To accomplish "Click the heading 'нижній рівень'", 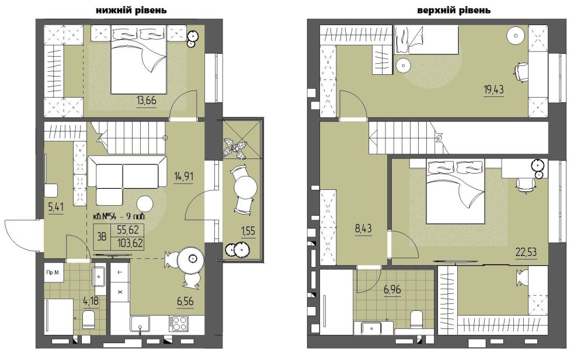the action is coord(131,10).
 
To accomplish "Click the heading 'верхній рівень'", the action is coord(454,10).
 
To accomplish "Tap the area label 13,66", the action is coord(147,101).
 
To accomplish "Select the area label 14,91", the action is coord(183,176).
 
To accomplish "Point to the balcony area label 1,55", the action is coord(248,231).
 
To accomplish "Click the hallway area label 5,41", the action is coord(56,207).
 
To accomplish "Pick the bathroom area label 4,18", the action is coord(91,300).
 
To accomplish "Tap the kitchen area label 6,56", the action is coord(186,301).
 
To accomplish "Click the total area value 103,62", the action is coord(130,243).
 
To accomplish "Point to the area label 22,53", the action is coord(526,252).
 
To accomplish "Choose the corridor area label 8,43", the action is coord(363,228).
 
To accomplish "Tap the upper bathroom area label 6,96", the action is coord(392,289).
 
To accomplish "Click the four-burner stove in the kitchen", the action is coord(180,323).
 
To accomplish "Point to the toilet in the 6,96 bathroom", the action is coord(416,320).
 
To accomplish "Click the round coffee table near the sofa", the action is coord(144,204).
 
